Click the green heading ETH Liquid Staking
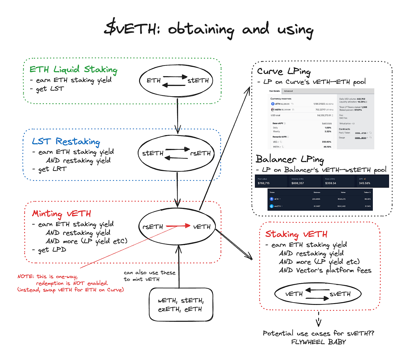click(73, 69)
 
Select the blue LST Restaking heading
click(66, 142)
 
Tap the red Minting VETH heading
click(61, 213)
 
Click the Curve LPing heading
click(283, 71)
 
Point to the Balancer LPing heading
click(290, 159)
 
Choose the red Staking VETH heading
click(296, 234)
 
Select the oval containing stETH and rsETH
click(176, 153)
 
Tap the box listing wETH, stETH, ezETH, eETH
click(181, 305)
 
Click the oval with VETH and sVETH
click(318, 294)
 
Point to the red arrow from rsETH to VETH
click(178, 226)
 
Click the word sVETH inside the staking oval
click(340, 294)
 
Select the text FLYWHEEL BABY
click(318, 342)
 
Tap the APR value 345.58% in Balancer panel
click(364, 183)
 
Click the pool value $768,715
click(264, 183)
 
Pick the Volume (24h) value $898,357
click(298, 183)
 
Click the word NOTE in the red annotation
click(25, 276)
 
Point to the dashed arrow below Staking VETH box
click(318, 319)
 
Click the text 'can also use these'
click(149, 273)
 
